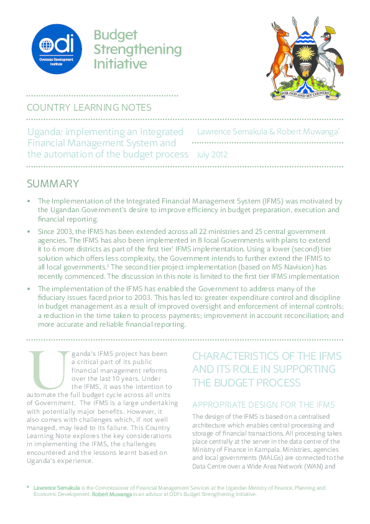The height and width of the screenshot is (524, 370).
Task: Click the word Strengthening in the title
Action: tap(137, 49)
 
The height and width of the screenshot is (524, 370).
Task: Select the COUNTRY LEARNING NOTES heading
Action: tap(89, 108)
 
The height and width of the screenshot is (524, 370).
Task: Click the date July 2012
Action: tap(212, 154)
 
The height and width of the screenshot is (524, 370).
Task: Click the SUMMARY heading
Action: tap(52, 184)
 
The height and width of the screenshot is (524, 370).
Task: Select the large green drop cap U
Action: tap(48, 377)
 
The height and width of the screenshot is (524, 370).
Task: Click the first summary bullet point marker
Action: tap(29, 201)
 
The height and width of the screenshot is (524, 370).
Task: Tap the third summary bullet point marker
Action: tap(29, 289)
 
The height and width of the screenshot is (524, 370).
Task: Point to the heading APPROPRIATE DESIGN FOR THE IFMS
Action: tap(264, 404)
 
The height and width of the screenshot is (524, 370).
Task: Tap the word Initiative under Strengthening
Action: tap(120, 64)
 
